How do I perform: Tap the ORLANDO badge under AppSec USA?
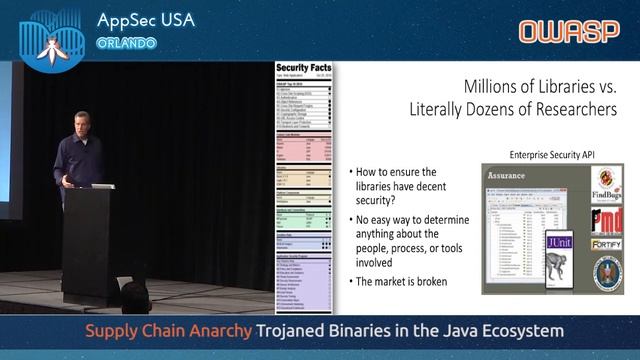coord(126,43)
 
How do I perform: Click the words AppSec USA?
coord(146,21)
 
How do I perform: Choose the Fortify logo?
coord(606,243)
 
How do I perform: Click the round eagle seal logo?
coord(606,272)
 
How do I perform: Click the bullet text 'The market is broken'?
coord(400,281)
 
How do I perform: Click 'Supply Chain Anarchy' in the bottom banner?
coord(167,330)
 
